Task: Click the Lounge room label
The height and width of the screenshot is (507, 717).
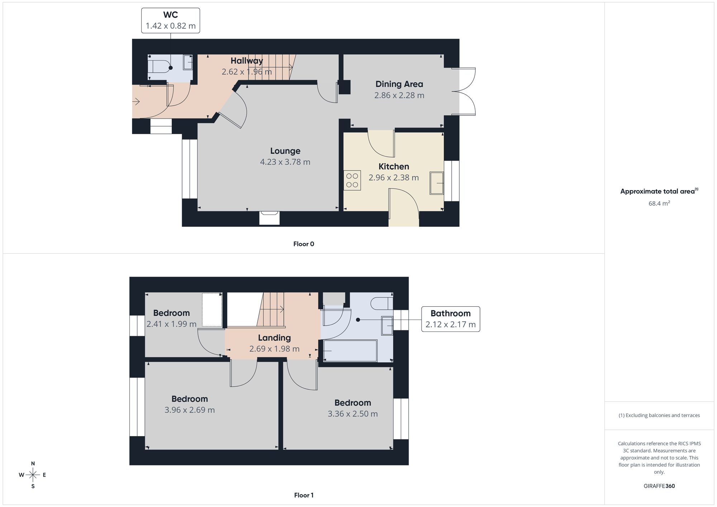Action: [285, 151]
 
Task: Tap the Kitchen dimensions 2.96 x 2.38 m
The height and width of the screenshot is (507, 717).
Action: [394, 178]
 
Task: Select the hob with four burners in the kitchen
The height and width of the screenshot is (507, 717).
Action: [352, 180]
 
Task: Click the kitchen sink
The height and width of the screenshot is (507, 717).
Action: [437, 183]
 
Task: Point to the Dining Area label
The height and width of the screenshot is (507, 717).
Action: [399, 84]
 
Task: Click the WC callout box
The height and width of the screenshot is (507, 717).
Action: [171, 20]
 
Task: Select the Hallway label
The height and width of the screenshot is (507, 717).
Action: [247, 61]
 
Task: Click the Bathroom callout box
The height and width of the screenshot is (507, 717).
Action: [451, 319]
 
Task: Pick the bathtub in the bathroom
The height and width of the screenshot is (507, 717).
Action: [350, 351]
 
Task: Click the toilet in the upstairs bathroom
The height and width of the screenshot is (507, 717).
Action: [383, 303]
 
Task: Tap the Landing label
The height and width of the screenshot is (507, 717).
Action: [274, 338]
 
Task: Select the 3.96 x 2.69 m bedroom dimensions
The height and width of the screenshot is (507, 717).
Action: [190, 410]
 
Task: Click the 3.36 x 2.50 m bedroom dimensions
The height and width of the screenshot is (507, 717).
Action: [353, 414]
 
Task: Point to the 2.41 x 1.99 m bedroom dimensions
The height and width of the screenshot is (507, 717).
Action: [171, 324]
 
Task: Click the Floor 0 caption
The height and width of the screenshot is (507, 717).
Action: [304, 244]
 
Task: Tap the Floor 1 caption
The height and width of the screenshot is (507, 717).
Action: [304, 495]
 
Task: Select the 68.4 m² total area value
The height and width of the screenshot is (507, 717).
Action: [659, 203]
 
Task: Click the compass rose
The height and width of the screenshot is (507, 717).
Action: [33, 475]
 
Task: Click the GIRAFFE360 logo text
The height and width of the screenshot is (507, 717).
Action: [659, 486]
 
